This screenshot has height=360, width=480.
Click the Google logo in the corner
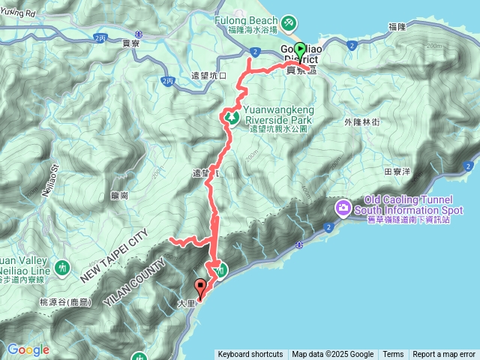28,349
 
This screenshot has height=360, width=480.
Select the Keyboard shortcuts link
250,355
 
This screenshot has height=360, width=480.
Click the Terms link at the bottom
393,355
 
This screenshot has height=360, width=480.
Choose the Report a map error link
444,355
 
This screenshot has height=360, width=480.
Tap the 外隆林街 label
362,121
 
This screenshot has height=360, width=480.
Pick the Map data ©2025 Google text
333,355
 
